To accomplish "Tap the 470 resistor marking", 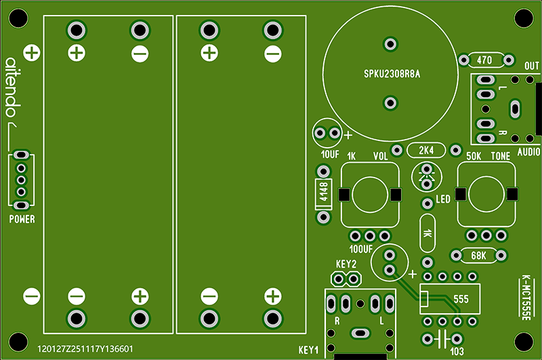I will (x=484, y=60).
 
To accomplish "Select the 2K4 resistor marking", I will (x=427, y=150).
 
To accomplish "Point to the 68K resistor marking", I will (x=478, y=256).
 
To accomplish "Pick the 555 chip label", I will (x=461, y=298).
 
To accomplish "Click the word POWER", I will (x=22, y=219).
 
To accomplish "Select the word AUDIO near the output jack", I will (x=528, y=152).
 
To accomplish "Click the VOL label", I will (x=381, y=157).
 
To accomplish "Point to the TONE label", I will (x=501, y=156).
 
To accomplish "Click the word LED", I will (x=443, y=199).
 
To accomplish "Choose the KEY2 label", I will (x=346, y=264).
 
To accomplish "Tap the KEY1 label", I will (x=308, y=350).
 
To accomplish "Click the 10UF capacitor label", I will (x=330, y=155).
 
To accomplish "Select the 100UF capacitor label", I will (x=362, y=249).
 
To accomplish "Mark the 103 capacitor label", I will (x=457, y=351).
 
